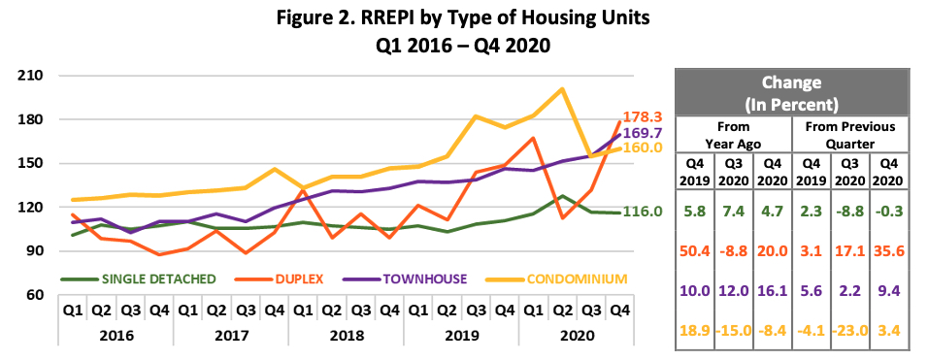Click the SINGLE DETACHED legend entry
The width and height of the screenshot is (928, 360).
[159, 279]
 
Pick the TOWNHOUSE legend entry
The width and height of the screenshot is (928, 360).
[425, 279]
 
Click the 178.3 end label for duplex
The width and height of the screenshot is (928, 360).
[644, 115]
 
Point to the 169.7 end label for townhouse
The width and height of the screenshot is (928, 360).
[644, 132]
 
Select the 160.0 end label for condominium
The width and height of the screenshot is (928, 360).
[644, 147]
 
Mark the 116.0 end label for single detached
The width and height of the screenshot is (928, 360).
[644, 212]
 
